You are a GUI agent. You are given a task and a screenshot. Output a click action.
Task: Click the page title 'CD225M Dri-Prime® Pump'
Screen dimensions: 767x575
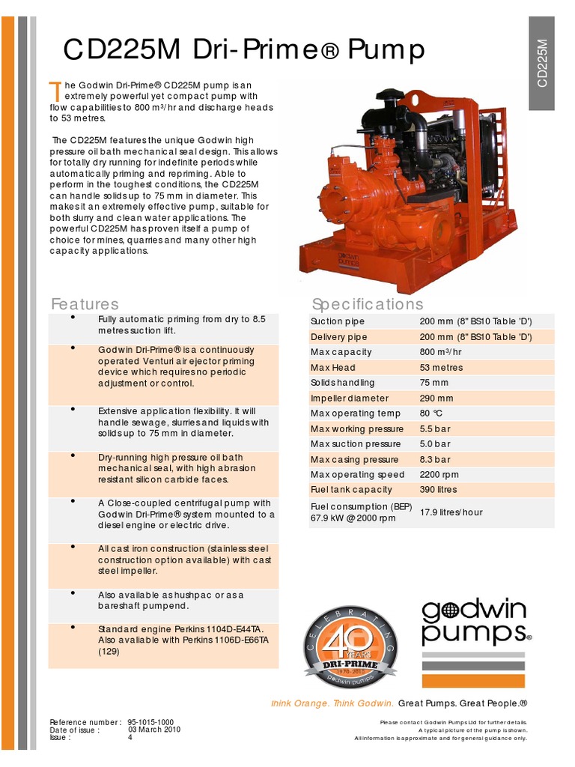pos(244,49)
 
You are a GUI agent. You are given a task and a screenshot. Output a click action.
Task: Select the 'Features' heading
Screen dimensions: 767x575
pos(85,303)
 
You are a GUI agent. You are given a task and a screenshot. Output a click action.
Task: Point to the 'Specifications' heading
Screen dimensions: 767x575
pos(367,303)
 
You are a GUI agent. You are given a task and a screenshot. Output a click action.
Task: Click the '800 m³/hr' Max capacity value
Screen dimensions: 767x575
pos(442,352)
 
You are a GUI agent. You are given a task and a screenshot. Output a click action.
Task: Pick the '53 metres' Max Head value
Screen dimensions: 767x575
pos(442,368)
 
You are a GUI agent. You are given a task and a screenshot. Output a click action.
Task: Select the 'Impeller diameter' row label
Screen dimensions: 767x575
pos(350,398)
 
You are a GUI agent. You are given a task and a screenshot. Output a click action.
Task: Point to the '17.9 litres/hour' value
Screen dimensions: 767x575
pos(451,512)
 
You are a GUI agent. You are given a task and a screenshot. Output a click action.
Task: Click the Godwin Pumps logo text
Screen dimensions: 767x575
pos(474,622)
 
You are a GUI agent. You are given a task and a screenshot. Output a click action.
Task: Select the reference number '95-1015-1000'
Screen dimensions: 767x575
pos(151,722)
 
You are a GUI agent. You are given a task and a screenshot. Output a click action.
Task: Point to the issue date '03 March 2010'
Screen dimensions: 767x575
pos(154,730)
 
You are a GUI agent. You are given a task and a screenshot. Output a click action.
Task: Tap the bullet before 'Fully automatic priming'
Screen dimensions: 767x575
pos(73,318)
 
